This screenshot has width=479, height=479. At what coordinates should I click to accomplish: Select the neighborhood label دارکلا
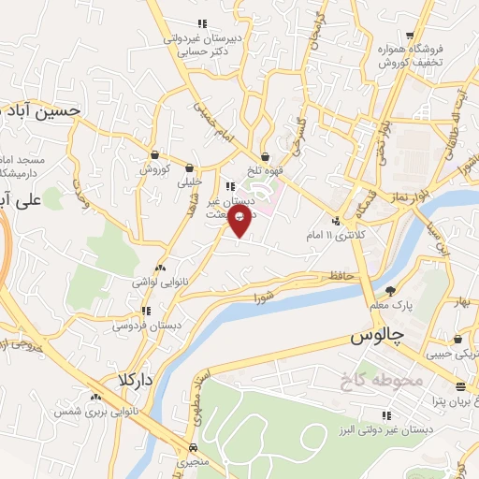click(135, 380)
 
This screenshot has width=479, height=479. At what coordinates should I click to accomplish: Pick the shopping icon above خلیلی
click(191, 168)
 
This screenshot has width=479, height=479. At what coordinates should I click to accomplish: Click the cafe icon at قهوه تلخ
click(267, 156)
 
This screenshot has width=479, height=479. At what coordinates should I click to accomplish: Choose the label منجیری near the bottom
click(193, 462)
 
